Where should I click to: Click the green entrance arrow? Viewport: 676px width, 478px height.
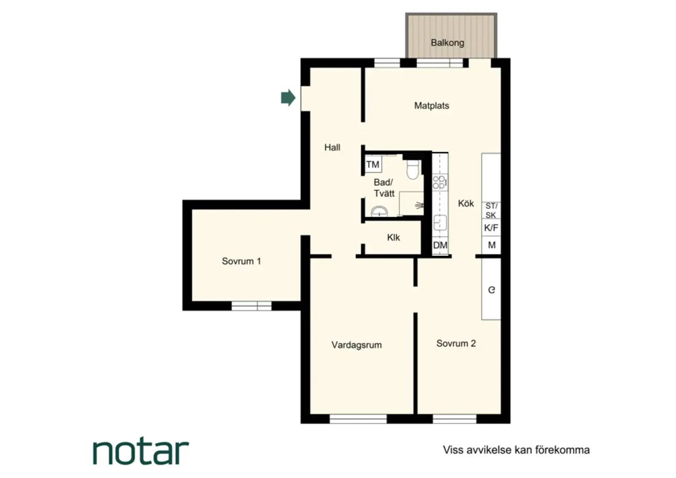click(288, 98)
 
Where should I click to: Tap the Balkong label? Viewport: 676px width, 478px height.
click(447, 43)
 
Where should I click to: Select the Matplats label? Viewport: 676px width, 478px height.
click(431, 105)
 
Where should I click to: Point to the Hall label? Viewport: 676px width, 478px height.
click(332, 147)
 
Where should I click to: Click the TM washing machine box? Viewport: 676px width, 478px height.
click(373, 164)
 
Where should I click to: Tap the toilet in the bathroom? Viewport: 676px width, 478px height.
click(412, 169)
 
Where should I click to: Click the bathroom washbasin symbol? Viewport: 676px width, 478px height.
click(379, 211)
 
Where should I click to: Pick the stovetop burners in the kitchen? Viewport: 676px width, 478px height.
click(440, 182)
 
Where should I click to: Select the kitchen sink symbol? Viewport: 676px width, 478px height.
click(440, 223)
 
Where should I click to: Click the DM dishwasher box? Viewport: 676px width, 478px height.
click(440, 245)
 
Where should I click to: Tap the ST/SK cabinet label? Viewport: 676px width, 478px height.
click(491, 210)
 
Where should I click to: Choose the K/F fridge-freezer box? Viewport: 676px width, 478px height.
click(491, 227)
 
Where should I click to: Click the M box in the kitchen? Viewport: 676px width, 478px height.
click(491, 245)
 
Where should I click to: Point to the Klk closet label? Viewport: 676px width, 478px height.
click(393, 237)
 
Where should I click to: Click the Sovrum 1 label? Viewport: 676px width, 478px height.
click(241, 261)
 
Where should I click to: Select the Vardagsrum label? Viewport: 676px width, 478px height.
click(356, 345)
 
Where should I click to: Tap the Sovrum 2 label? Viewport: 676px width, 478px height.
click(456, 343)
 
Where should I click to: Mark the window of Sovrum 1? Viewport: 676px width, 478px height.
click(251, 306)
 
